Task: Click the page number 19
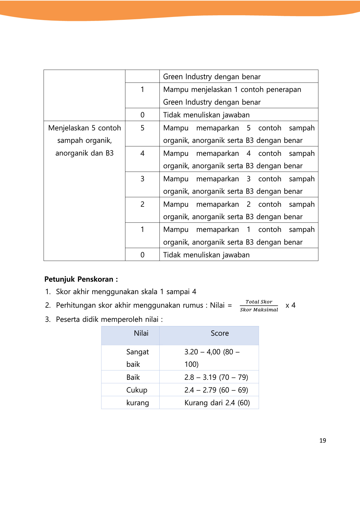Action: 323,441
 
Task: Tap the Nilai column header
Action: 141,333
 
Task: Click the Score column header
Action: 220,333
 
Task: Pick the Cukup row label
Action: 137,390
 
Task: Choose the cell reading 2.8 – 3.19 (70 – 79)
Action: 216,377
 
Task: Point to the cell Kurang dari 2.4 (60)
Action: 217,403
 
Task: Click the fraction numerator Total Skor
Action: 259,302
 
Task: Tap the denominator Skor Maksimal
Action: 259,310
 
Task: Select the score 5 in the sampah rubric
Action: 142,128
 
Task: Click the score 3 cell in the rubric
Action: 142,179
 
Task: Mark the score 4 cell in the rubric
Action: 142,154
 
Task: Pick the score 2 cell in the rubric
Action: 142,204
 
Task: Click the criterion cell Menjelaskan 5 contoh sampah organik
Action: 84,141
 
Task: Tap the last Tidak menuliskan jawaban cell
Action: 206,255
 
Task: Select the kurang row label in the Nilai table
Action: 138,403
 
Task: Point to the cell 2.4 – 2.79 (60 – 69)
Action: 216,390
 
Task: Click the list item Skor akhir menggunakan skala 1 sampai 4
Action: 126,292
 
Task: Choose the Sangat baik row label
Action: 137,358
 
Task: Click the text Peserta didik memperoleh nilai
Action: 109,319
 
